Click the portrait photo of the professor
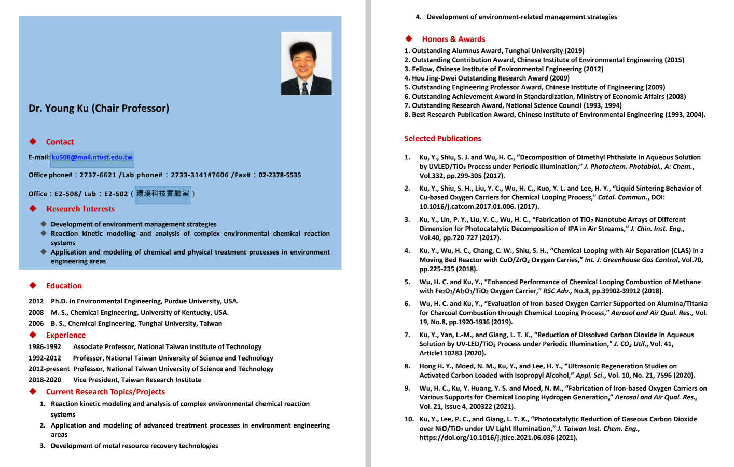pos(306,63)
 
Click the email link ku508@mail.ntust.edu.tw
pos(92,157)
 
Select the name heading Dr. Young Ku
pos(99,108)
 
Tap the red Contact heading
pos(60,142)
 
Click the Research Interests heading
pos(80,209)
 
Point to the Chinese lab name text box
pos(163,194)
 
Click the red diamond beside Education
pos(33,285)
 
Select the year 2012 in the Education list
pos(36,301)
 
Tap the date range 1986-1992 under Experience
pos(45,347)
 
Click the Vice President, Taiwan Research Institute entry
pos(137,380)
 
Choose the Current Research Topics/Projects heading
pos(105,392)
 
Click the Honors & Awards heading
pos(453,39)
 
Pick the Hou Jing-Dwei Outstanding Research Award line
pos(490,78)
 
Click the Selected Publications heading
pos(442,138)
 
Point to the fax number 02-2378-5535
pos(280,175)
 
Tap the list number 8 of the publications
pos(407,366)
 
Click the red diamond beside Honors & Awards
pos(409,38)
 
